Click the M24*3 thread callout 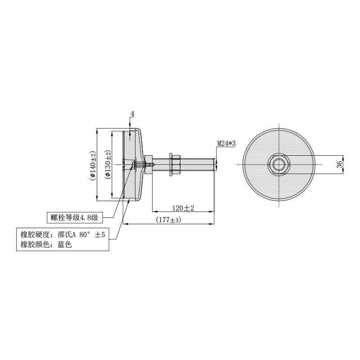pyautogui.click(x=226, y=144)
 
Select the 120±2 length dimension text pyautogui.click(x=183, y=208)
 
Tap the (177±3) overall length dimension pyautogui.click(x=168, y=220)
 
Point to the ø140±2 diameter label pyautogui.click(x=93, y=164)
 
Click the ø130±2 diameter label pyautogui.click(x=108, y=164)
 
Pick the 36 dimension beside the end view pyautogui.click(x=339, y=164)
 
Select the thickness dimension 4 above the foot pyautogui.click(x=132, y=114)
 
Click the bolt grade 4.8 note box pyautogui.click(x=75, y=217)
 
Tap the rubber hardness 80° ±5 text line pyautogui.click(x=63, y=234)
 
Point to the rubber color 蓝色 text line pyautogui.click(x=46, y=244)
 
